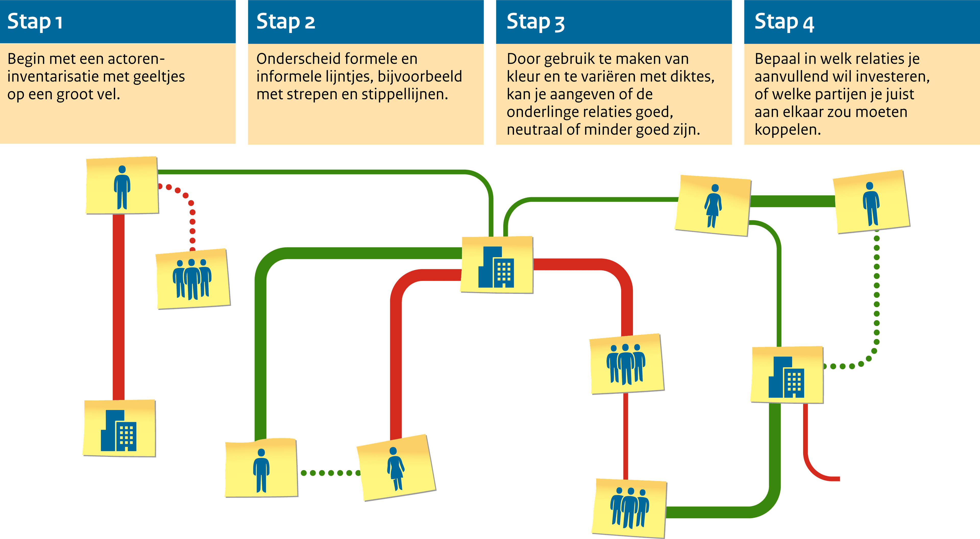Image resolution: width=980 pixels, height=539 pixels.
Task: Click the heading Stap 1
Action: pos(35,22)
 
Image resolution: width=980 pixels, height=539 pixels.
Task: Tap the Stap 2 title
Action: pos(285,22)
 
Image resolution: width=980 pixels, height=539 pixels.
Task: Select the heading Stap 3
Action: pos(535,22)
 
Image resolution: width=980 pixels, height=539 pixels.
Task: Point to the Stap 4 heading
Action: pos(784,22)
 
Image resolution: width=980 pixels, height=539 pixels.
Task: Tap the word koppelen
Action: pos(788,130)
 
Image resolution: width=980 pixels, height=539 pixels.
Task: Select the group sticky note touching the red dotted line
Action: pos(193,279)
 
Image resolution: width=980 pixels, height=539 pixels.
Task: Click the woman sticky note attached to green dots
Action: pos(396,468)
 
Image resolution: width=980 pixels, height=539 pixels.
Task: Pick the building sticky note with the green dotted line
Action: pos(787,375)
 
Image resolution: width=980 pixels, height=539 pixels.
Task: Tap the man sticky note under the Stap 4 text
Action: pos(871,202)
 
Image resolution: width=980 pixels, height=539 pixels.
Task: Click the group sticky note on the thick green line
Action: pos(629,508)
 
